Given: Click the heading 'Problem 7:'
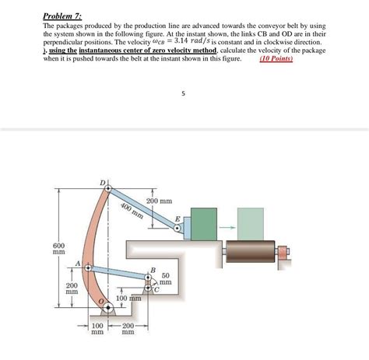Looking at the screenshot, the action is point(62,16).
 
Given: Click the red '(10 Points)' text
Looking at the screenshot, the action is point(276,58).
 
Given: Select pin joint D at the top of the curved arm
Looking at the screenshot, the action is point(108,188).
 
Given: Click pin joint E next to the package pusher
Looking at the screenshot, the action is point(177,229).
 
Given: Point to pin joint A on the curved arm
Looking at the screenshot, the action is point(89,267).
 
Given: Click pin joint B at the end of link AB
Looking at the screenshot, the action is point(148,277).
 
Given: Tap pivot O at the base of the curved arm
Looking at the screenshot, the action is point(108,308).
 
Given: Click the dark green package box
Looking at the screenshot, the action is point(204,224).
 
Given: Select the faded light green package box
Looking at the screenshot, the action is point(251,224).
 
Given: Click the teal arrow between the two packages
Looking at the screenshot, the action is point(227,228).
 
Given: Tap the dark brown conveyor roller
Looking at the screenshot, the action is point(251,251).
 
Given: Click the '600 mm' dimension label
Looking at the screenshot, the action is point(59,249).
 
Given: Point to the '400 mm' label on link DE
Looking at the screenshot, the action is point(132,211).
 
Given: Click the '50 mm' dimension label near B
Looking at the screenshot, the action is point(166,278).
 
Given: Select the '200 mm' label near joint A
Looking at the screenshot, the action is point(72,288).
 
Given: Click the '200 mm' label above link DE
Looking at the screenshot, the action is point(160,201).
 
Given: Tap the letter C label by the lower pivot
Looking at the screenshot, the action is point(156,290).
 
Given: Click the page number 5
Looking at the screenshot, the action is point(183,93).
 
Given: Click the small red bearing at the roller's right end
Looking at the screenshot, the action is point(283,251).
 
